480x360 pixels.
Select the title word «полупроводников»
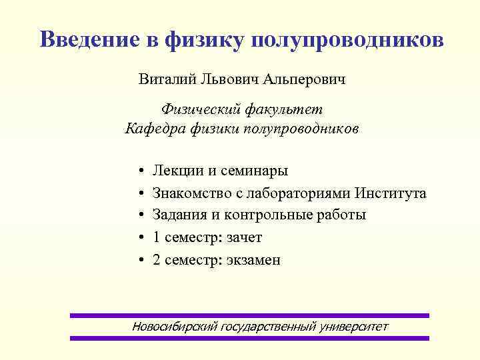click(347, 40)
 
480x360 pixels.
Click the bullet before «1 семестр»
click(143, 238)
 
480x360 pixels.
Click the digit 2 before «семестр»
click(157, 260)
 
